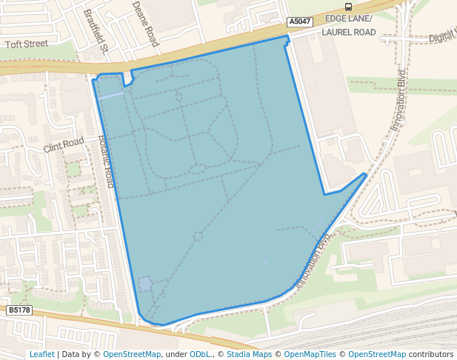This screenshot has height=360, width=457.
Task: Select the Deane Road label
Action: tap(146, 23)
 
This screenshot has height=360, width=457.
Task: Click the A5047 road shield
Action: tap(299, 22)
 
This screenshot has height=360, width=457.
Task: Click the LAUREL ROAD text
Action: tap(348, 33)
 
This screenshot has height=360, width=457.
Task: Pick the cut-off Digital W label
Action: tap(442, 36)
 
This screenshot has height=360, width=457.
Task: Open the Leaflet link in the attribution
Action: tap(41, 354)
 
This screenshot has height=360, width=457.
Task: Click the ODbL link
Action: tap(201, 354)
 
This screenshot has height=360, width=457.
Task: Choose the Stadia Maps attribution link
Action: tap(249, 354)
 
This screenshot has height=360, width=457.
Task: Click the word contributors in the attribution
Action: tap(431, 354)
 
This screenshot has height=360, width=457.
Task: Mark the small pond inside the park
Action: tap(145, 284)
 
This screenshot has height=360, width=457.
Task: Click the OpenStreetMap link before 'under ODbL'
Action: tap(132, 354)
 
